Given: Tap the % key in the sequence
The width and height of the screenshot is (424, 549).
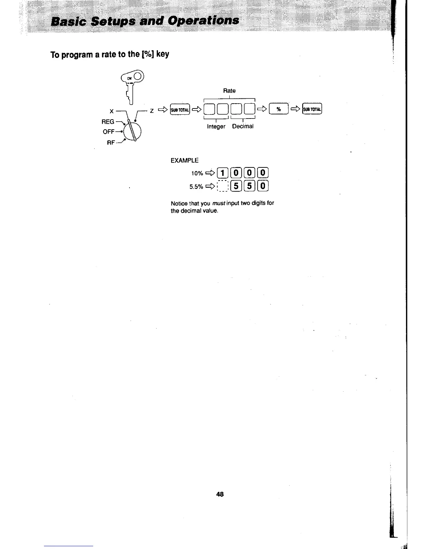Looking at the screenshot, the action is click(279, 110).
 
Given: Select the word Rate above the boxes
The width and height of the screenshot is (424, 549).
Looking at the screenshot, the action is click(229, 90).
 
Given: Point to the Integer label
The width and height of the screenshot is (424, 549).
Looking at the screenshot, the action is click(216, 127).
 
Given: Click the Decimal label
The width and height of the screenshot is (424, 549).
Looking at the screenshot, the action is click(242, 127).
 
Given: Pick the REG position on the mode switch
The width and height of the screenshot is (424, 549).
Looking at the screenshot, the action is click(108, 122).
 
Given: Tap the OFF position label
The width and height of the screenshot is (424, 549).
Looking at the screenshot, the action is click(108, 132).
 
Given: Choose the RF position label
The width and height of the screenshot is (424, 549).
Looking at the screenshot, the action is click(111, 142).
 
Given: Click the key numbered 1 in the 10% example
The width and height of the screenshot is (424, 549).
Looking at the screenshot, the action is click(223, 173).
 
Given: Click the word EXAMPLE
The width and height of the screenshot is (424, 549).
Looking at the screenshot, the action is click(185, 160).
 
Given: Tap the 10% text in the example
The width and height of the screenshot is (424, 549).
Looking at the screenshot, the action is click(197, 173).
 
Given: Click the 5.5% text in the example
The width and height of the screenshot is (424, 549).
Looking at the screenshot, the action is click(196, 187).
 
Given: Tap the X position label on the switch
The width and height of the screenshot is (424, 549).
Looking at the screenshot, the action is click(112, 111).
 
